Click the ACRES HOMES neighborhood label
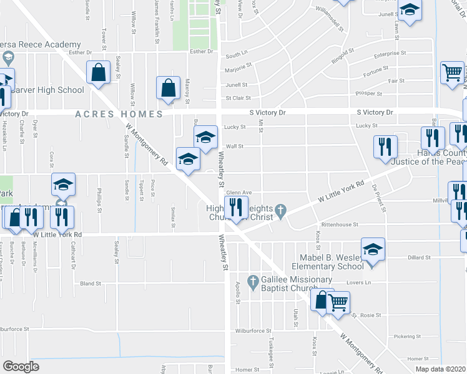tap(119, 114)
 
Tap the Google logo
tap(21, 367)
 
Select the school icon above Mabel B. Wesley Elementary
tap(373, 250)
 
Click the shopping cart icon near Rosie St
tap(338, 302)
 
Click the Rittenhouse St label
tap(340, 224)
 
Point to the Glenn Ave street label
tap(238, 193)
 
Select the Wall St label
tap(234, 146)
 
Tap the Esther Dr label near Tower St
tap(81, 52)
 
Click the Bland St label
tap(91, 284)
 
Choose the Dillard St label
tap(420, 257)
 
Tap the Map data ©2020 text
tap(441, 369)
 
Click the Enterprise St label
tap(390, 55)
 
